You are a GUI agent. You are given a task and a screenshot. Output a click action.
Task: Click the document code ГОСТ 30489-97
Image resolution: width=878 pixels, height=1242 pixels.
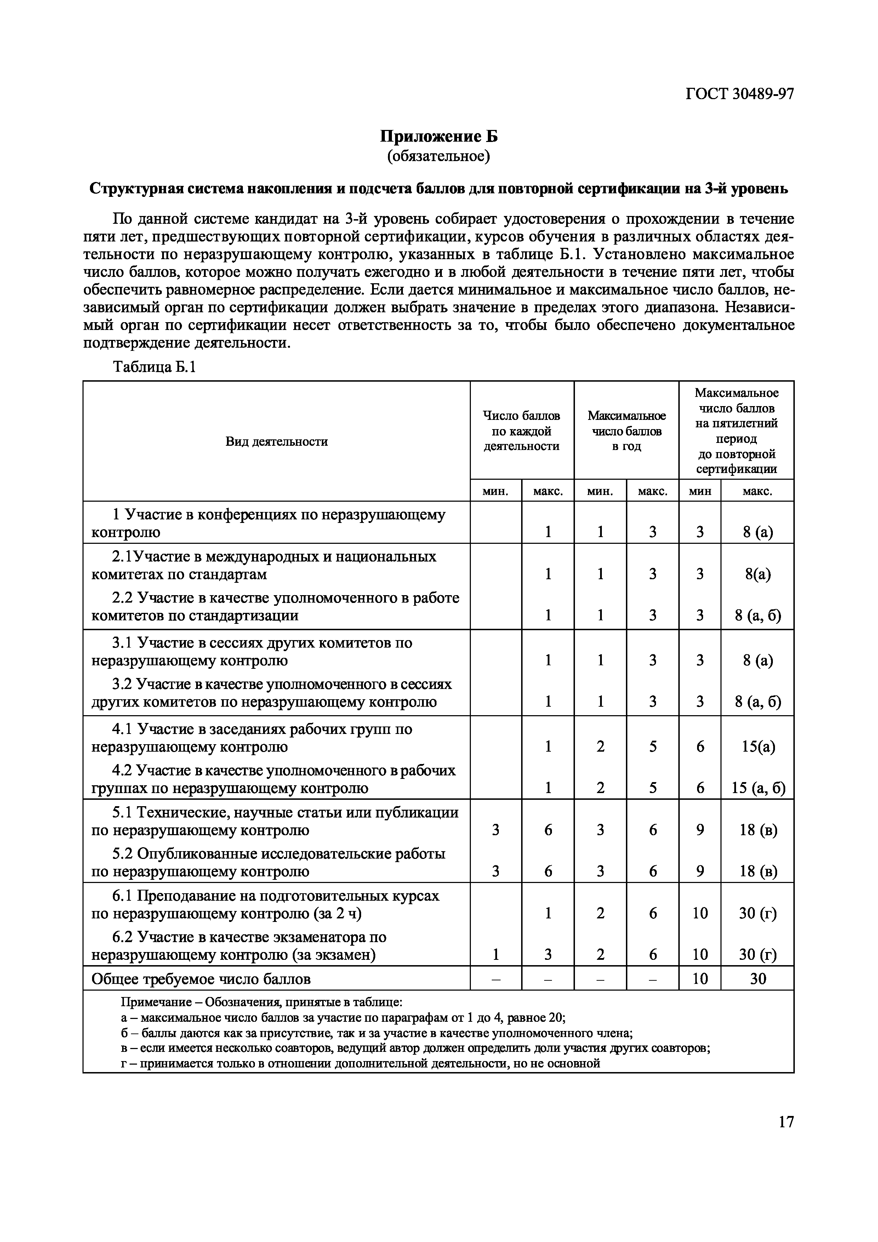tap(740, 94)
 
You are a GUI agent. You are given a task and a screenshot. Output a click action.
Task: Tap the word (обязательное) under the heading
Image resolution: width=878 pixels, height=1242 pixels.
tap(438, 156)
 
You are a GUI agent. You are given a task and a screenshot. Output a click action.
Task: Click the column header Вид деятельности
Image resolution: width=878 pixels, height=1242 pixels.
tap(276, 441)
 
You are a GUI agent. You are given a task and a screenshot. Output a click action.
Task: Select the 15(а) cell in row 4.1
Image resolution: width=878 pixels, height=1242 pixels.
tap(758, 747)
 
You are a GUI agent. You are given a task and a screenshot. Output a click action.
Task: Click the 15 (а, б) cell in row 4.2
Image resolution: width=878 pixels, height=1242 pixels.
tap(758, 788)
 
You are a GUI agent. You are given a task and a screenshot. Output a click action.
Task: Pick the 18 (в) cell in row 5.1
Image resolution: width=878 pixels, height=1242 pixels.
tap(758, 830)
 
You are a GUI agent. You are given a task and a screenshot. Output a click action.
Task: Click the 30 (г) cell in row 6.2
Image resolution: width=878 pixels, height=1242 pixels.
tap(758, 955)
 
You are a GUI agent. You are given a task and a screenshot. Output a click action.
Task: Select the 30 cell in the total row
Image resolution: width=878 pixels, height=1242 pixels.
tap(758, 979)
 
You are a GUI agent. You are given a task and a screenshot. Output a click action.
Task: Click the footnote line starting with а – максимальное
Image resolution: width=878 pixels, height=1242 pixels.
tap(343, 1018)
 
